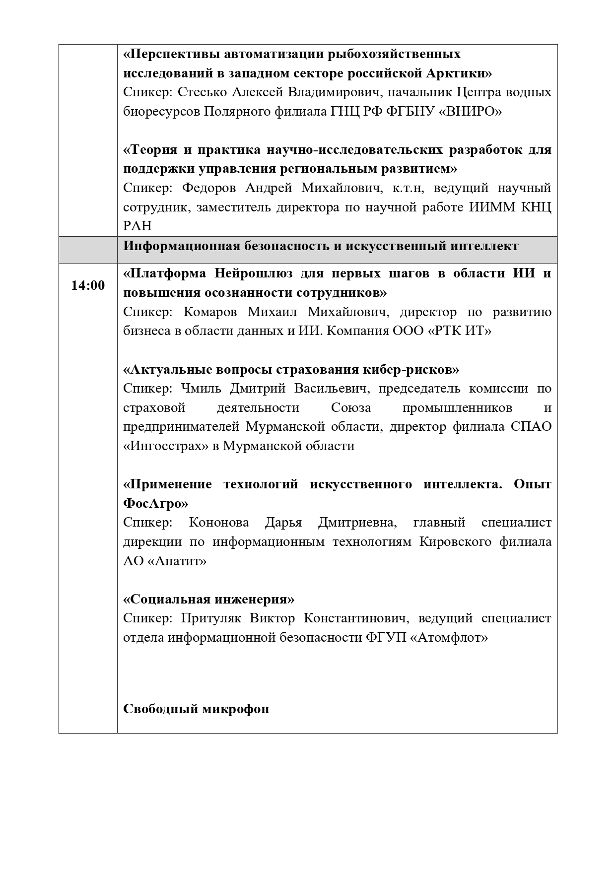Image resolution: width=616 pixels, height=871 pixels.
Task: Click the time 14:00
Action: (88, 286)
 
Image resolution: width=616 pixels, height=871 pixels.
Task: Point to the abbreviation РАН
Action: (137, 226)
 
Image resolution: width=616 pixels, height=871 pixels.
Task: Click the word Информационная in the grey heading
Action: (180, 246)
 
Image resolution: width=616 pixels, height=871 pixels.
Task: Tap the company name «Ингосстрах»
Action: (166, 446)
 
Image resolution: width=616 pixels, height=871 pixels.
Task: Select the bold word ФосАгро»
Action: (156, 504)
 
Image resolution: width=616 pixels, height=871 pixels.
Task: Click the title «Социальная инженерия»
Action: (208, 600)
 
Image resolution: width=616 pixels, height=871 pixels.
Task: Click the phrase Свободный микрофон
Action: (196, 709)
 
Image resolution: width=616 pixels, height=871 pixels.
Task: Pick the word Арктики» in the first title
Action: (459, 73)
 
